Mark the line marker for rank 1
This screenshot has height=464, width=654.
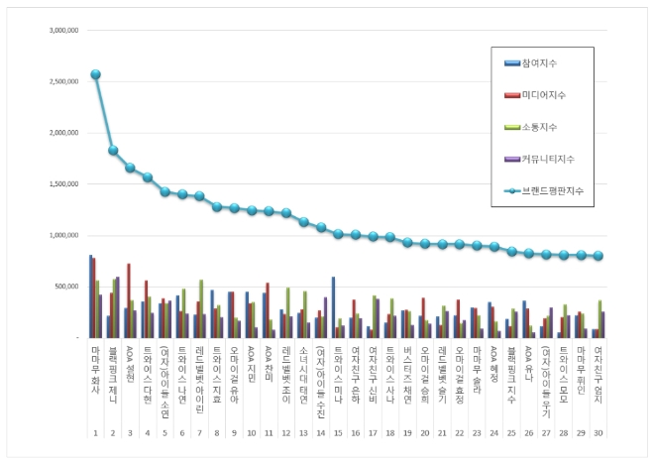95,74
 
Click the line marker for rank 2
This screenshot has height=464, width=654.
113,151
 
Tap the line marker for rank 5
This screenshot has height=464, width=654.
164,191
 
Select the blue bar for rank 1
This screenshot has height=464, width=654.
90,296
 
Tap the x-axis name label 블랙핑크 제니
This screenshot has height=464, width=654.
113,372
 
